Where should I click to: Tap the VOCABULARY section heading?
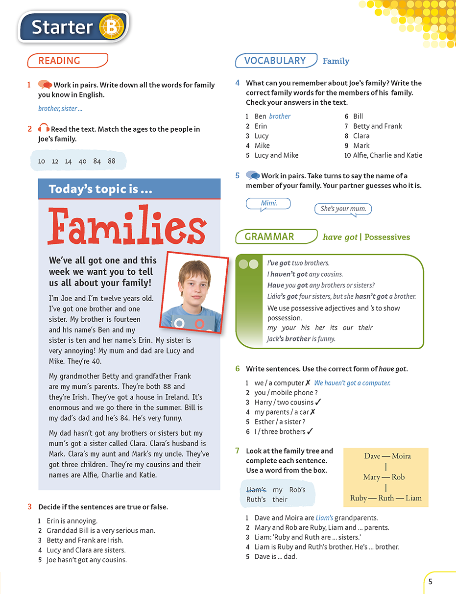click(275, 61)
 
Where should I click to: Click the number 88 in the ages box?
click(112, 161)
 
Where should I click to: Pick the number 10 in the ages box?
click(41, 161)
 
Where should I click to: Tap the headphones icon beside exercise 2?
click(44, 129)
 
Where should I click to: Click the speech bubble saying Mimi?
click(268, 203)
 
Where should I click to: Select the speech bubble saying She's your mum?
click(343, 209)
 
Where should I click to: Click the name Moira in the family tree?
click(401, 456)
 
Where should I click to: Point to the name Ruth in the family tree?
click(386, 498)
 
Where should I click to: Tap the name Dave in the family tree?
click(372, 456)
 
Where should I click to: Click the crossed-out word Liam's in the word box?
click(256, 490)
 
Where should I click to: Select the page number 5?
click(430, 582)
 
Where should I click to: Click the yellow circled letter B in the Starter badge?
click(111, 27)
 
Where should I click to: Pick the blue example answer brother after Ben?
click(280, 116)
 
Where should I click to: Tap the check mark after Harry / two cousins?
click(319, 402)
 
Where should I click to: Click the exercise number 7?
click(238, 451)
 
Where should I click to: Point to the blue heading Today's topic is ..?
click(101, 189)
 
